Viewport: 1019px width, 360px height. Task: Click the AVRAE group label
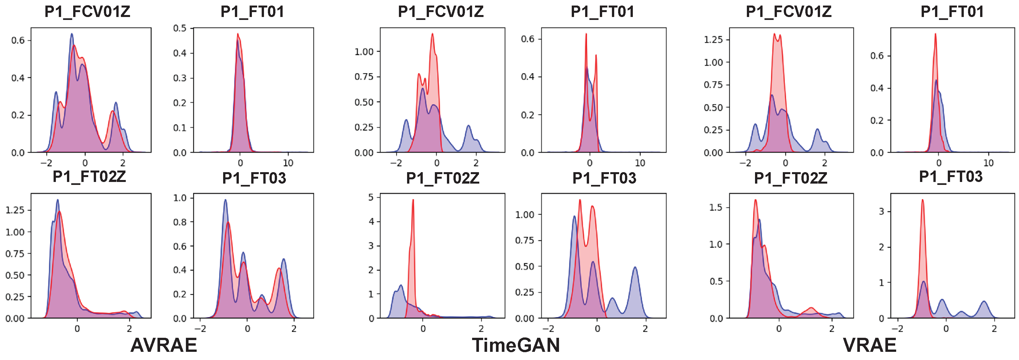pyautogui.click(x=163, y=345)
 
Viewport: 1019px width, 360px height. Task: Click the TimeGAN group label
pyautogui.click(x=516, y=345)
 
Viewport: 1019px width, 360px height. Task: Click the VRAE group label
pyautogui.click(x=869, y=345)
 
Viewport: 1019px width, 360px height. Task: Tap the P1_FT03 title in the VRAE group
pyautogui.click(x=951, y=176)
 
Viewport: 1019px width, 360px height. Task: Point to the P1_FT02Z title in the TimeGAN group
pyautogui.click(x=442, y=178)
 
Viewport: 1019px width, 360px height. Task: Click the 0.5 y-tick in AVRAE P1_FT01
pyautogui.click(x=180, y=28)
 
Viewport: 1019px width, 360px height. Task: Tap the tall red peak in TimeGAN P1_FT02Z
pyautogui.click(x=413, y=200)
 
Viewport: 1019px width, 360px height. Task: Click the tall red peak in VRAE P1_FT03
pyautogui.click(x=923, y=200)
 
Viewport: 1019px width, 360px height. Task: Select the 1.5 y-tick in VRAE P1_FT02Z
pyautogui.click(x=716, y=207)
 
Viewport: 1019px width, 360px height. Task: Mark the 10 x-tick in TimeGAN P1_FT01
pyautogui.click(x=640, y=163)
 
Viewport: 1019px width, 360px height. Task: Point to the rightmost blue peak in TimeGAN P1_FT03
pyautogui.click(x=635, y=268)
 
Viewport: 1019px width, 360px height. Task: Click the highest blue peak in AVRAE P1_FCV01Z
pyautogui.click(x=72, y=34)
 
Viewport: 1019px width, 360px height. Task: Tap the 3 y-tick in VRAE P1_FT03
pyautogui.click(x=881, y=212)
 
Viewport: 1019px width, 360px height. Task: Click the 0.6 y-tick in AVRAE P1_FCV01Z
pyautogui.click(x=18, y=41)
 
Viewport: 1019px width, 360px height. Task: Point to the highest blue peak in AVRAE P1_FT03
pyautogui.click(x=225, y=200)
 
